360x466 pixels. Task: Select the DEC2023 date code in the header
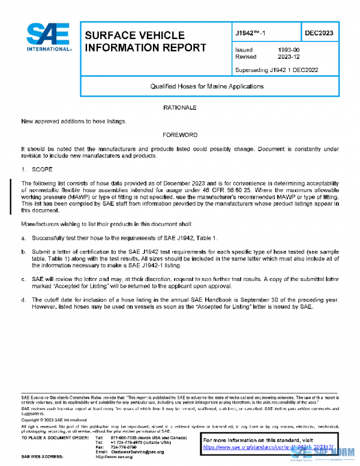pos(319,33)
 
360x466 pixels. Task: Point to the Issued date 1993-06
pos(288,50)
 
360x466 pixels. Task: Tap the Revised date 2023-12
pos(289,57)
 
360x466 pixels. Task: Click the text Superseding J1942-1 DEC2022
pos(277,70)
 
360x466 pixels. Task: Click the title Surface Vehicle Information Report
pos(146,41)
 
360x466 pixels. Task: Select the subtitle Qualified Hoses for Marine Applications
pos(207,86)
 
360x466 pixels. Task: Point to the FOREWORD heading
pos(180,135)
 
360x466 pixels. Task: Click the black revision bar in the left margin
pos(10,196)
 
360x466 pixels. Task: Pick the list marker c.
pos(23,279)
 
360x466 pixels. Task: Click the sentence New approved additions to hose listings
pos(74,121)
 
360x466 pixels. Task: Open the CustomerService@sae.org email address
pos(139,451)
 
